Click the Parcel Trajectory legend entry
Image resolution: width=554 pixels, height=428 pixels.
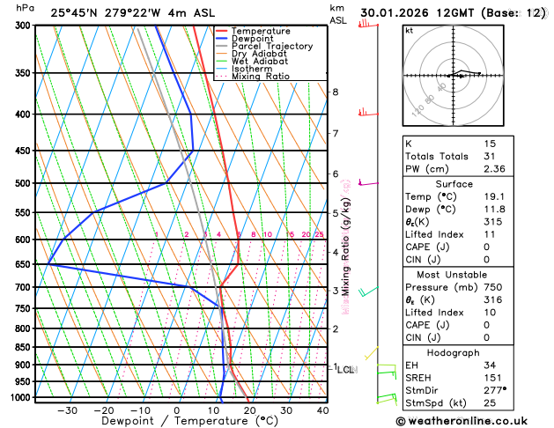coord(271,46)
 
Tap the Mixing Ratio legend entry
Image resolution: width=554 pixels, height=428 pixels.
coord(261,77)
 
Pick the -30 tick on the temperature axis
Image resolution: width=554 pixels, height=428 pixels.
coord(67,410)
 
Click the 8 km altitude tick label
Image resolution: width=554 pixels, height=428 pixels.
coord(335,92)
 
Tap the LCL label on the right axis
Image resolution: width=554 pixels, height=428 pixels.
coord(345,370)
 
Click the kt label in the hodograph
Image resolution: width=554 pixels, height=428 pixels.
coord(409,30)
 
